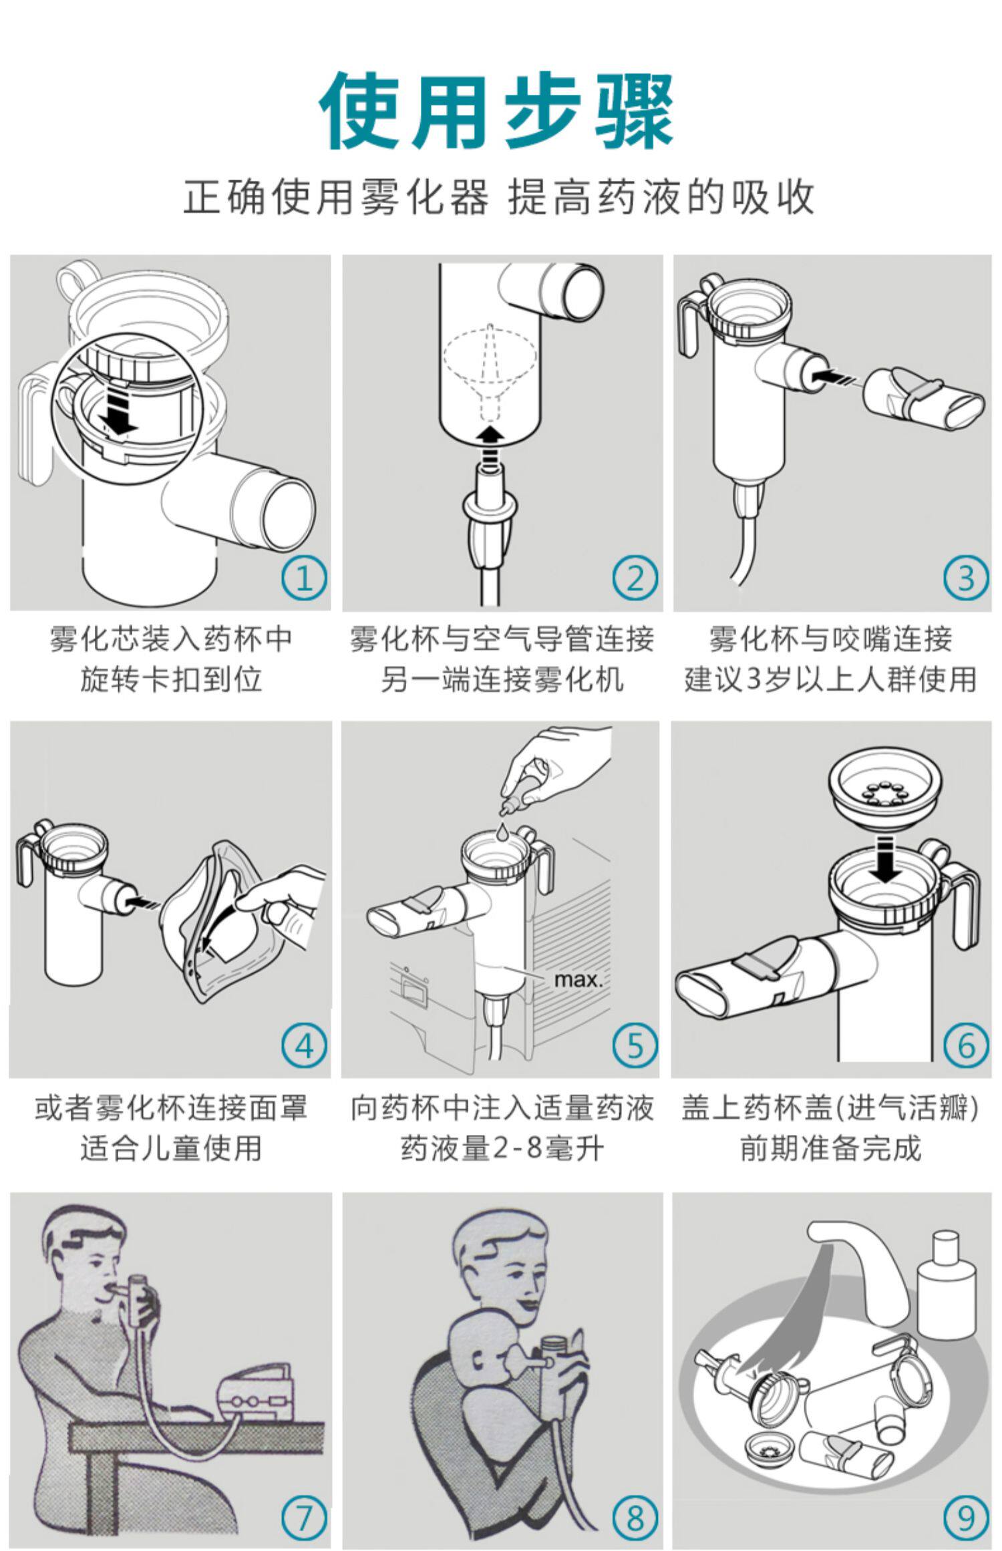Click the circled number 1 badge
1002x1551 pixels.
click(304, 578)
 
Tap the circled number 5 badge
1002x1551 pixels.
click(635, 1045)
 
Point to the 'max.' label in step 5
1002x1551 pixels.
click(578, 981)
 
